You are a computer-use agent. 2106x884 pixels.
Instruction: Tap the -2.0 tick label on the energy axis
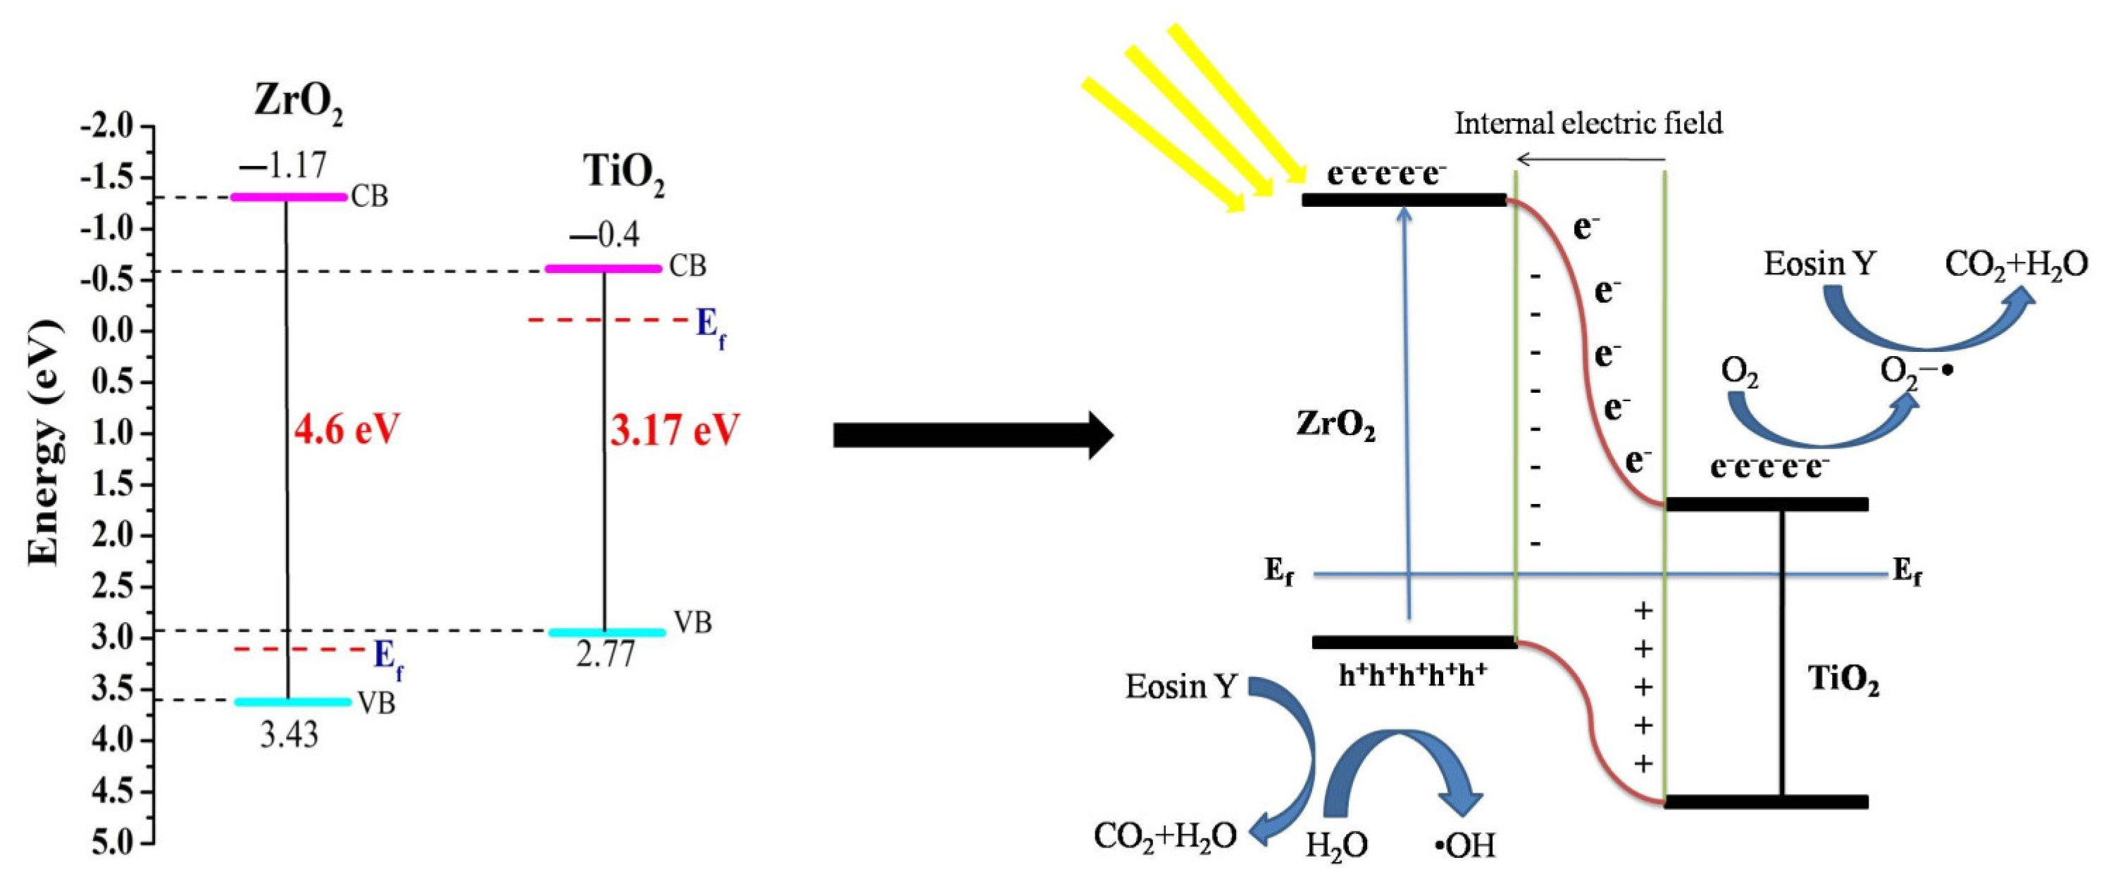[x=106, y=127]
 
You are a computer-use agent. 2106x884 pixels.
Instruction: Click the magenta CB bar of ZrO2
[x=289, y=197]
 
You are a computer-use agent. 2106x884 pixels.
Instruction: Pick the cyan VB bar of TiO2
[x=606, y=631]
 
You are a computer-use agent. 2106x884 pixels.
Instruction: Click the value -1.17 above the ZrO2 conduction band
[x=283, y=166]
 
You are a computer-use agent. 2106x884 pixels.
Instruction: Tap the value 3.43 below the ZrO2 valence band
[x=289, y=736]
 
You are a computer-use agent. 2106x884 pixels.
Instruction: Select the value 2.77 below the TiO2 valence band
[x=605, y=655]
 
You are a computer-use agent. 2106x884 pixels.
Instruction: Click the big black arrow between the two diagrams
[x=973, y=436]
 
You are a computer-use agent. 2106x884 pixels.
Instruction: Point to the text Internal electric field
[x=1588, y=123]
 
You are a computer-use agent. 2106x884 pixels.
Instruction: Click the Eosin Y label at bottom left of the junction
[x=1180, y=687]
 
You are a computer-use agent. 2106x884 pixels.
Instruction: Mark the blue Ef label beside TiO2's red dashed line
[x=710, y=327]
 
